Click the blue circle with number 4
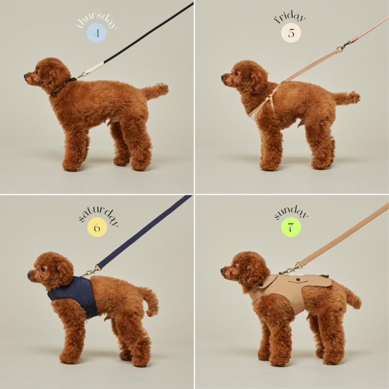click(96, 34)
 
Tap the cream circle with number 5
click(290, 34)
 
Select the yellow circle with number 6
click(96, 228)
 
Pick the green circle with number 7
click(290, 228)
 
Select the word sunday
click(291, 213)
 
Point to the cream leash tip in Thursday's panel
click(95, 68)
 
